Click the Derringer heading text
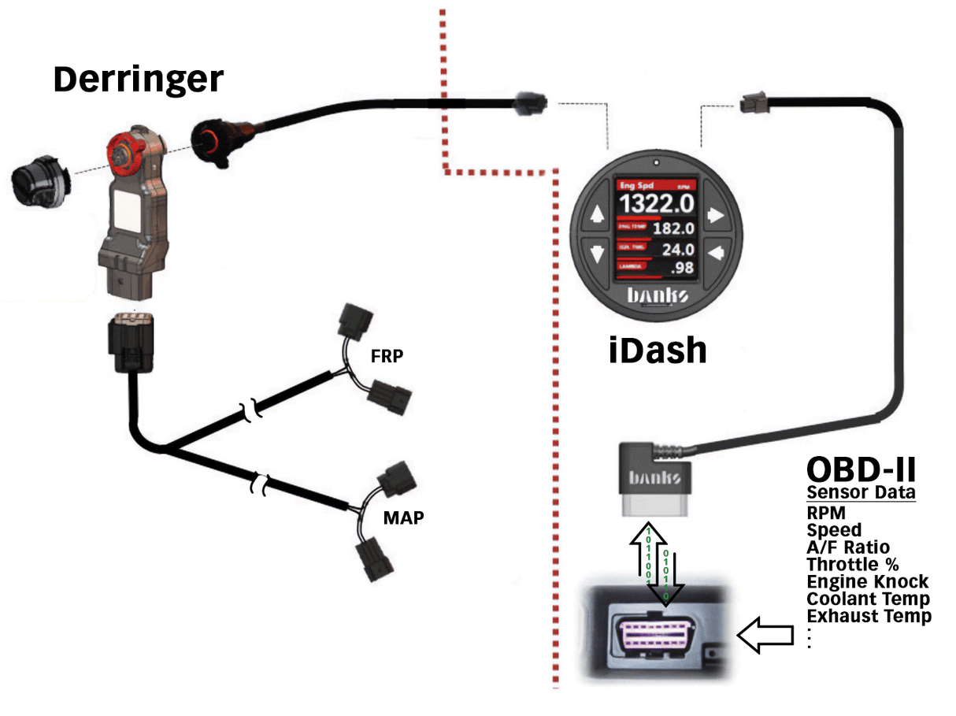139,79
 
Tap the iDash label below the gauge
658,349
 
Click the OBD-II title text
861,470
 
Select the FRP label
387,355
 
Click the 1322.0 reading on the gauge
656,204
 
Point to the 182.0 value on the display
673,229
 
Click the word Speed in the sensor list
834,530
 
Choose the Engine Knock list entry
868,582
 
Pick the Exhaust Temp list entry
869,616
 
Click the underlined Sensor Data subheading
861,494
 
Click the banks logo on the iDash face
656,296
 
